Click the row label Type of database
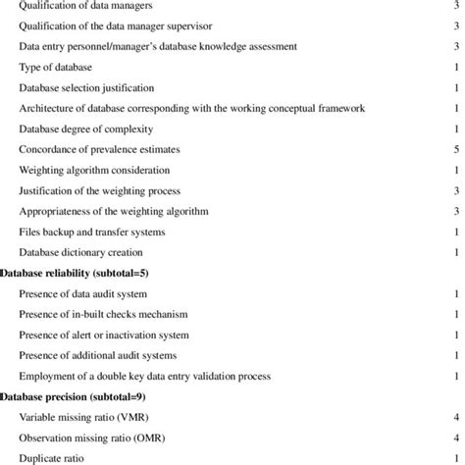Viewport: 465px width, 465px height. tap(55, 67)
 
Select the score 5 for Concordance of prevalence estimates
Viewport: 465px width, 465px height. tap(456, 149)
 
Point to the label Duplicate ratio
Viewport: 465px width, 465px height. tap(53, 458)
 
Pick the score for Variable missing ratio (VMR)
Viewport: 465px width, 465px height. tap(456, 417)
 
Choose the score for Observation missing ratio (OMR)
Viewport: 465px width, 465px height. tap(456, 438)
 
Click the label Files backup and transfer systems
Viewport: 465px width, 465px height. tap(92, 232)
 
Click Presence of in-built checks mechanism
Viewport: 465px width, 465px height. tap(103, 314)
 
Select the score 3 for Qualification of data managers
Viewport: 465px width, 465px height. tap(456, 6)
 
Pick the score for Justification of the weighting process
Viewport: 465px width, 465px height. tap(456, 190)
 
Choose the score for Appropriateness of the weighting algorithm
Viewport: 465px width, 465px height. tap(456, 211)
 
